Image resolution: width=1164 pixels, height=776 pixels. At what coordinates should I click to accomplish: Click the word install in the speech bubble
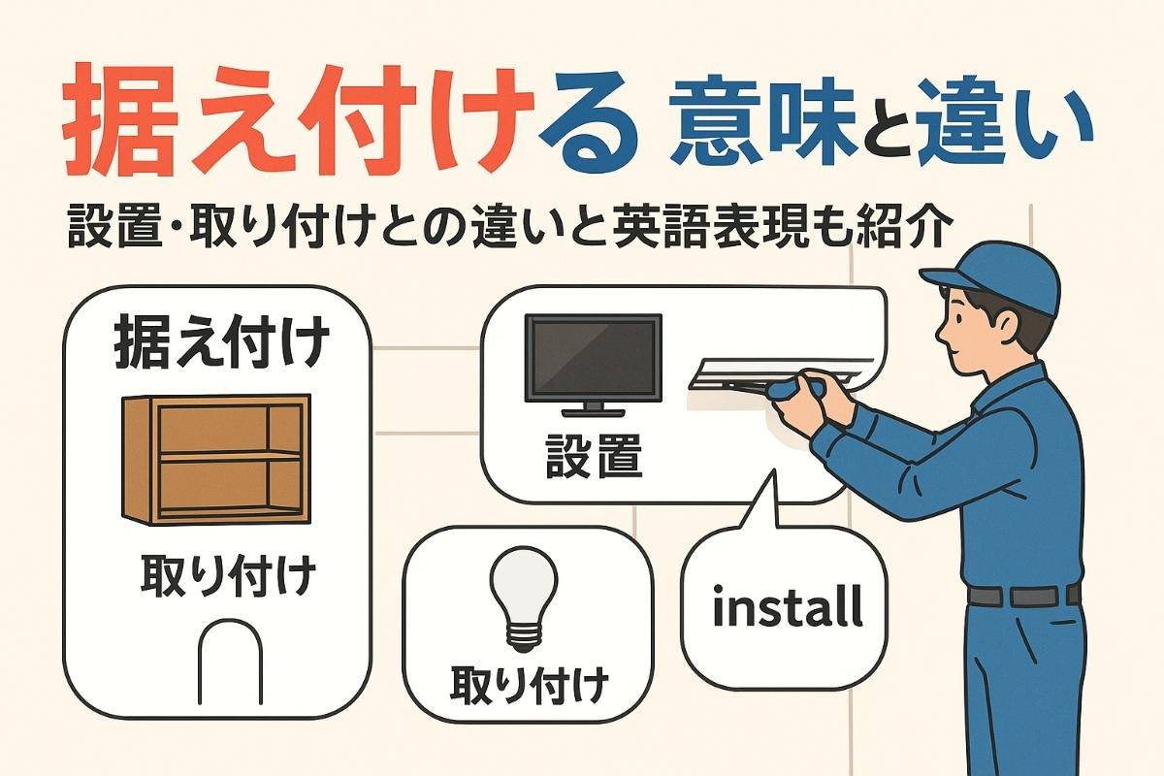click(786, 607)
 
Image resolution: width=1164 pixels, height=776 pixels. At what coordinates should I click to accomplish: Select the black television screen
click(593, 356)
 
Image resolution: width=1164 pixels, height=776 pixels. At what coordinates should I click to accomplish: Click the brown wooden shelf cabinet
click(215, 458)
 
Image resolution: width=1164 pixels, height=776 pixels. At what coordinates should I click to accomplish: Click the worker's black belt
click(1023, 596)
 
